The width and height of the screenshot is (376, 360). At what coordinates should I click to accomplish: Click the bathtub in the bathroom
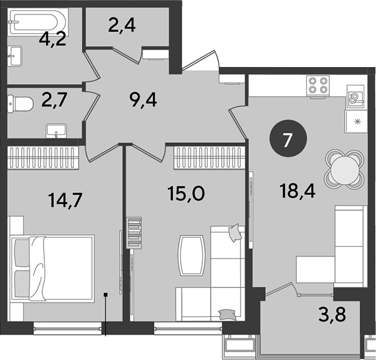[38, 22]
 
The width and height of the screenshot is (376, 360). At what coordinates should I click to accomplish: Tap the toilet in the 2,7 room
[20, 104]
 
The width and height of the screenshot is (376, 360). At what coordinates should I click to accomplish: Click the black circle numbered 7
[288, 139]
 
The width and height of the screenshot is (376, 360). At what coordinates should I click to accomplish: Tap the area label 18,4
[297, 191]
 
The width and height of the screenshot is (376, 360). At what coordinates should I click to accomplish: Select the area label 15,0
[186, 194]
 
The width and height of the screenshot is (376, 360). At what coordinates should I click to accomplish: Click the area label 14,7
[65, 201]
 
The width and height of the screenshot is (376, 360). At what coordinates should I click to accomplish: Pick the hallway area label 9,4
[143, 100]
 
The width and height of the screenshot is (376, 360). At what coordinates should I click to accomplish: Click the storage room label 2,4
[122, 25]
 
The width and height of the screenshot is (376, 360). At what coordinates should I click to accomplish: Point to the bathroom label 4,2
[53, 39]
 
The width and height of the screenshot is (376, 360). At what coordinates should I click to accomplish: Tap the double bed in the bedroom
[52, 268]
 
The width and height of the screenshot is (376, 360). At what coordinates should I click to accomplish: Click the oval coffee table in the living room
[191, 255]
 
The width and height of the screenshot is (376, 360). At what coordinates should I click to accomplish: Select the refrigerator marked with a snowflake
[356, 122]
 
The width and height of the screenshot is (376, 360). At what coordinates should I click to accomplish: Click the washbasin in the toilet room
[56, 131]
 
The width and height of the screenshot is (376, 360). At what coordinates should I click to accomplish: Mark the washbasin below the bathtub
[15, 56]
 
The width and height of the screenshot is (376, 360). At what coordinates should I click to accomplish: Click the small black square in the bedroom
[105, 294]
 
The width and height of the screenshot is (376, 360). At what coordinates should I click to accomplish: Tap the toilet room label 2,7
[54, 100]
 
